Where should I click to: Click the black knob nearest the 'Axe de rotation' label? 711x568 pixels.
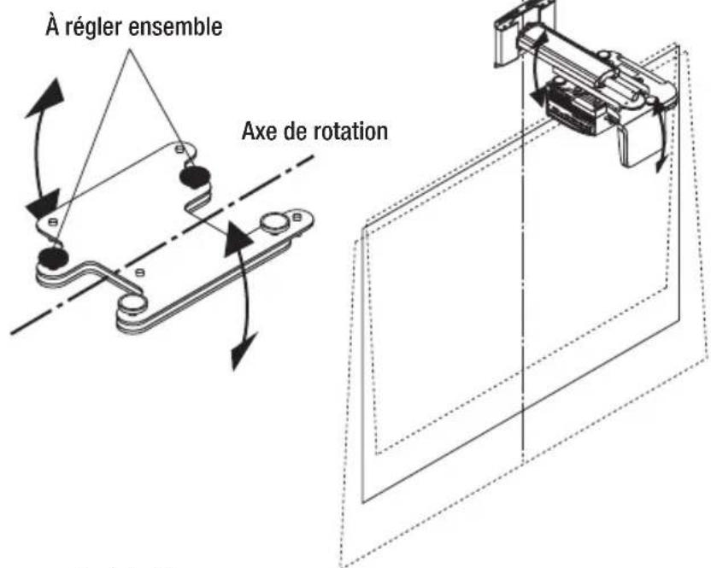pos(194,176)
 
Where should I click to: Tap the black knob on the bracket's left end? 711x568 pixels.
pos(53,255)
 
